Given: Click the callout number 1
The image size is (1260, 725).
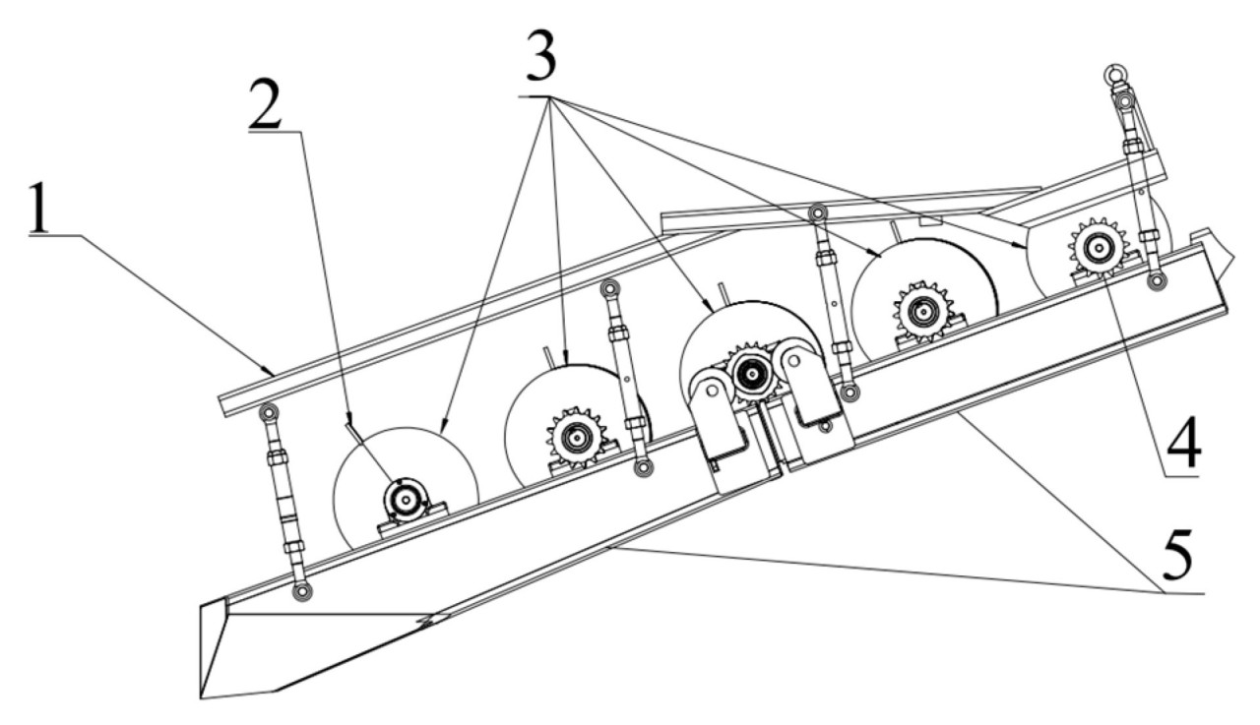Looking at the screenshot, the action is tap(38, 207).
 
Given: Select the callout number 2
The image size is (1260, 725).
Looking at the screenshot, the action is tap(265, 104).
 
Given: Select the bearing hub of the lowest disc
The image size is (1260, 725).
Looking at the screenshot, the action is tap(405, 500).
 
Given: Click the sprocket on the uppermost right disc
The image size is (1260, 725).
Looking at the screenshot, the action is tap(1098, 247).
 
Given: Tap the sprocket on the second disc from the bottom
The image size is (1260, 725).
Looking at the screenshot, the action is tap(577, 437).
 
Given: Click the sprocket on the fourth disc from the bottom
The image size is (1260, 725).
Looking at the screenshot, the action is tap(923, 311).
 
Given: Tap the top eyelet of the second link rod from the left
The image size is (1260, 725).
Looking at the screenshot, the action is tap(608, 288).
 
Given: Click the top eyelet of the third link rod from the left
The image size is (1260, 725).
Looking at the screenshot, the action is tap(817, 213).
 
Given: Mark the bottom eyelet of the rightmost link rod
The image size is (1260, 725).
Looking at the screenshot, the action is tap(1157, 280).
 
